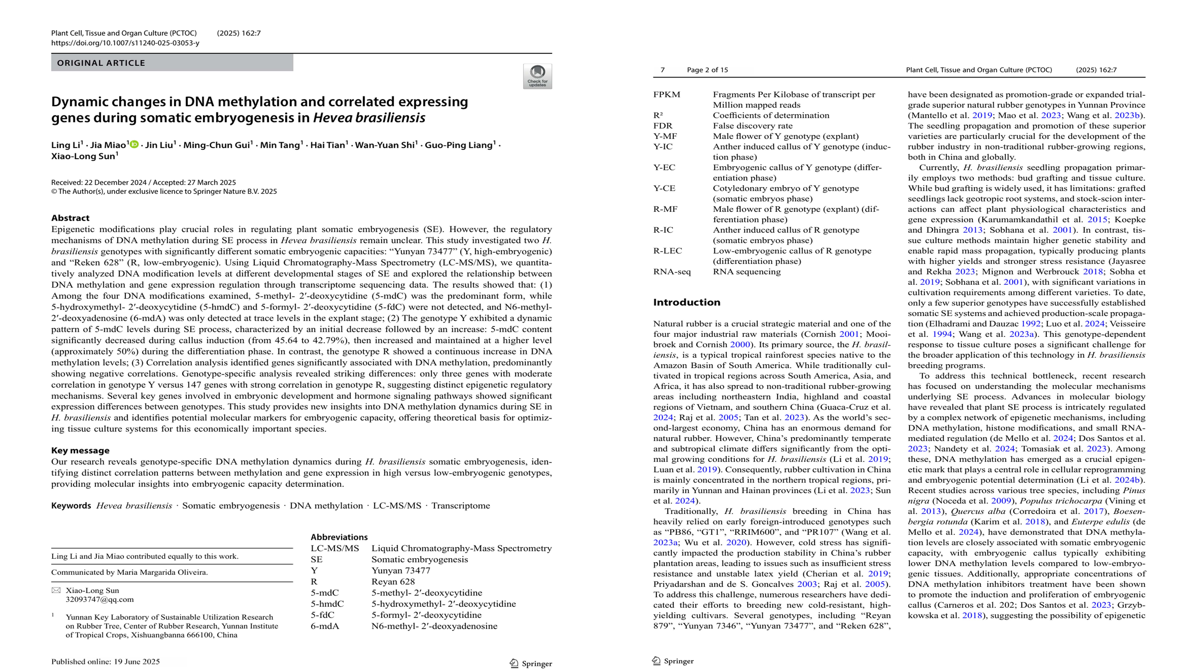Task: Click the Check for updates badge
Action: pyautogui.click(x=537, y=76)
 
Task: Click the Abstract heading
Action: pyautogui.click(x=70, y=218)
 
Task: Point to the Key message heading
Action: pyautogui.click(x=80, y=450)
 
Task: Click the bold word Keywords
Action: pyautogui.click(x=71, y=505)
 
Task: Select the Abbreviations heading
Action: pyautogui.click(x=339, y=537)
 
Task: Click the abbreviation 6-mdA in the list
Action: pyautogui.click(x=325, y=626)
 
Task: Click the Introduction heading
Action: pyautogui.click(x=686, y=302)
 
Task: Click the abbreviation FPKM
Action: pyautogui.click(x=667, y=95)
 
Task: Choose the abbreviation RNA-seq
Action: pyautogui.click(x=672, y=272)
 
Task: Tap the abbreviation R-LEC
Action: pyautogui.click(x=668, y=251)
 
